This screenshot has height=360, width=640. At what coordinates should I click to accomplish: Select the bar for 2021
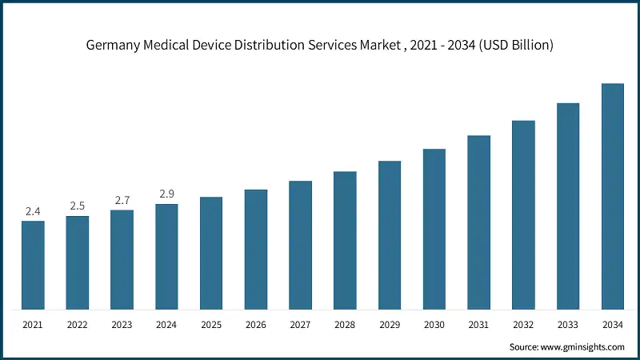33,265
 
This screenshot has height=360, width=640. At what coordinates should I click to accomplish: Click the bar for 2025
211,253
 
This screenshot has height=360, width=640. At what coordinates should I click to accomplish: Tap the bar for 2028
345,240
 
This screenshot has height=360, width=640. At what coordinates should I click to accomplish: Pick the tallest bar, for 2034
612,196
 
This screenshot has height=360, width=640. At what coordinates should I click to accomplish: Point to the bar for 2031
478,222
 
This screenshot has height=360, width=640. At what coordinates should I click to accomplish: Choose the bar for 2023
122,260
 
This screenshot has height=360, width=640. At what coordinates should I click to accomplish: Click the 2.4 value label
33,211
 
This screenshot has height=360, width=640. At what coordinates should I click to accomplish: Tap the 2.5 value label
78,206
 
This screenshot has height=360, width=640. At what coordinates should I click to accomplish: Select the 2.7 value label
122,200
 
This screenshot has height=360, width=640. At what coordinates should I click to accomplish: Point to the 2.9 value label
166,194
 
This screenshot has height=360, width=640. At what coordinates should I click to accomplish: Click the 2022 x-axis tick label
78,326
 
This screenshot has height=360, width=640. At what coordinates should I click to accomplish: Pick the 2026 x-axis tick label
256,326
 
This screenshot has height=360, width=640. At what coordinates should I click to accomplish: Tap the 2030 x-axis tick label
434,326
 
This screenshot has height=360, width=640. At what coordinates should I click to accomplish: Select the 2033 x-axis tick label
568,326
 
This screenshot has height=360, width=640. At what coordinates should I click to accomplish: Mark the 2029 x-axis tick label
390,326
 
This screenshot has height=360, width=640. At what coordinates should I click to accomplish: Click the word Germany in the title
114,46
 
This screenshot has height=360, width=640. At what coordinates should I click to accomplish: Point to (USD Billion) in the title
513,46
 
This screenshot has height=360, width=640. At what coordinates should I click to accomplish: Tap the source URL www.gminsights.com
584,347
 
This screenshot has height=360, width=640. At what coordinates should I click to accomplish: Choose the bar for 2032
523,215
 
